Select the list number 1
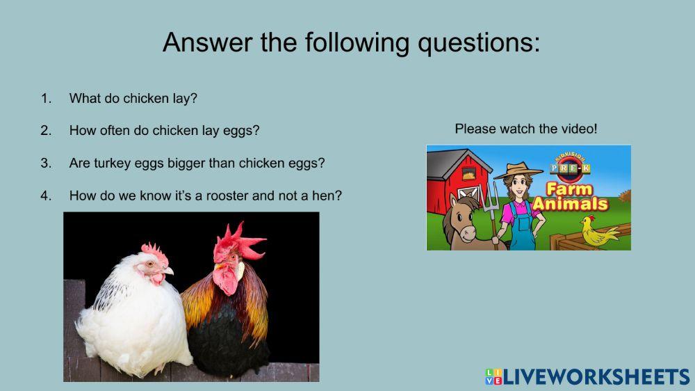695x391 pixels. pyautogui.click(x=46, y=98)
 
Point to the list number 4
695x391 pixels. pyautogui.click(x=46, y=195)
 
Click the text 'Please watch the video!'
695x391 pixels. pyautogui.click(x=526, y=129)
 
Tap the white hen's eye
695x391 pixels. pyautogui.click(x=149, y=264)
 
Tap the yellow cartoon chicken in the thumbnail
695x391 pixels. pyautogui.click(x=598, y=232)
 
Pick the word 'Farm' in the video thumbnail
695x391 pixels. pyautogui.click(x=569, y=189)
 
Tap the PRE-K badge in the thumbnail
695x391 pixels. pyautogui.click(x=569, y=168)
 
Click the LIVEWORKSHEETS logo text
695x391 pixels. pyautogui.click(x=596, y=376)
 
